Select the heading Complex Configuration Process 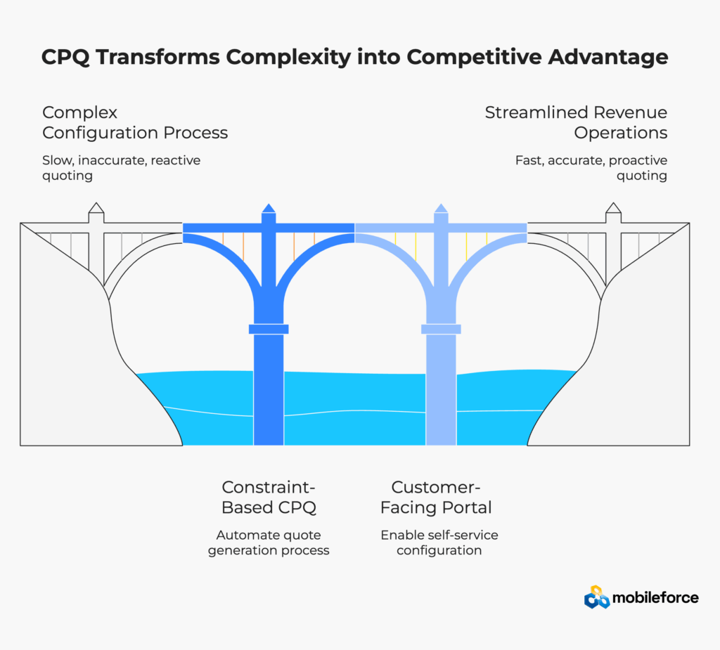(135, 122)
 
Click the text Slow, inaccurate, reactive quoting (121, 168)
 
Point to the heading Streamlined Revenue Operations (576, 122)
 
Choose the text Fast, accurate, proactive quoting (591, 168)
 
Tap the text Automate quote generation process (272, 542)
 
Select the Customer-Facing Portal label (441, 497)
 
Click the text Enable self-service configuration (439, 542)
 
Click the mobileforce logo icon (597, 597)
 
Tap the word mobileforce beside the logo (655, 598)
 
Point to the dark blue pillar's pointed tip (269, 208)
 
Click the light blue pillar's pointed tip (441, 208)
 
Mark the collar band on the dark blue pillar (269, 329)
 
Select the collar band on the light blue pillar (441, 329)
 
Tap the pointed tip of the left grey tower (96, 208)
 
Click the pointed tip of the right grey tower (613, 208)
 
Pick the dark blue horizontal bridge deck (225, 228)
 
